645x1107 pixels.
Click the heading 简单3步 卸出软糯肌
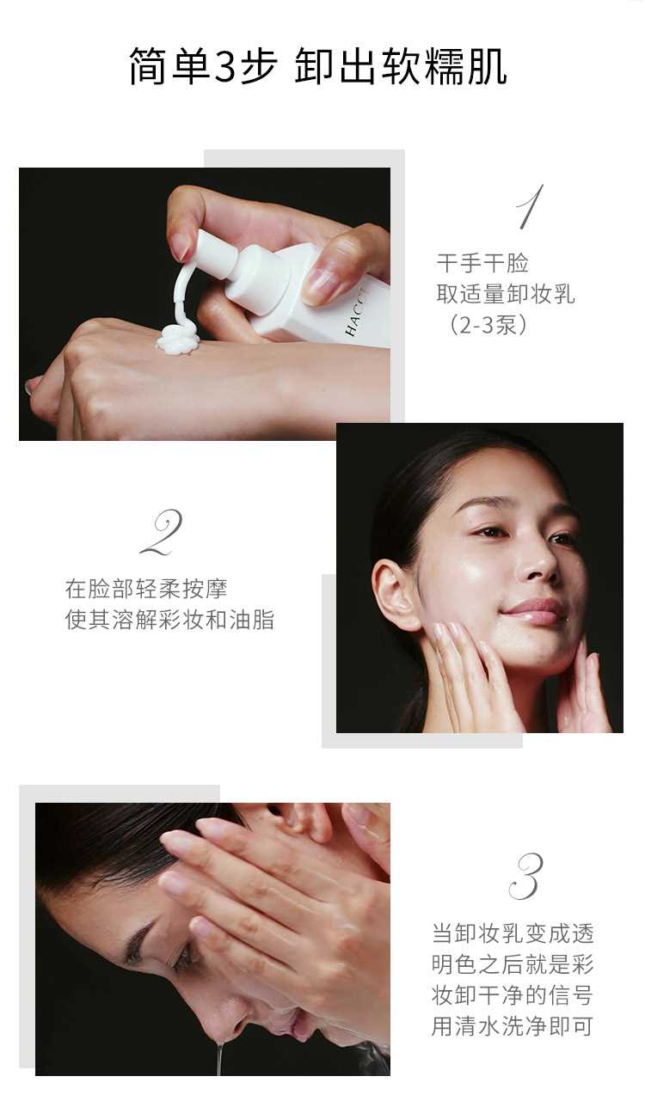(318, 66)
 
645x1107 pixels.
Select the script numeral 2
(162, 533)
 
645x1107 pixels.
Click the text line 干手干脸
(482, 263)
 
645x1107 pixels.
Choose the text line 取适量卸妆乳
(506, 294)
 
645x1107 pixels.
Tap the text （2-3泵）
(488, 325)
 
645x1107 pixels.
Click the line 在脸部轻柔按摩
(146, 589)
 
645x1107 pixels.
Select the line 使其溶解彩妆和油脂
(169, 620)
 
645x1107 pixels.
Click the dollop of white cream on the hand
(177, 339)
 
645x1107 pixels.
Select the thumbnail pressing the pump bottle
(317, 279)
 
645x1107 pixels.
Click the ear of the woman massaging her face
(396, 592)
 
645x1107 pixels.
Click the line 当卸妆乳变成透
(512, 933)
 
